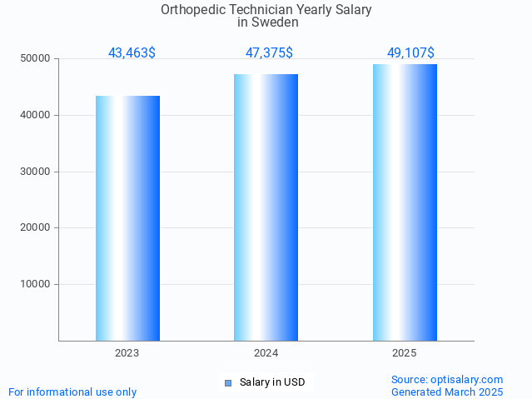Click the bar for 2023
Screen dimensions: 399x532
pyautogui.click(x=127, y=218)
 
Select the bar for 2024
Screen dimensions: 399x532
pyautogui.click(x=266, y=207)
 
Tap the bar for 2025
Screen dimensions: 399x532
pyautogui.click(x=405, y=202)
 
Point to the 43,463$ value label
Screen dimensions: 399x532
pyautogui.click(x=132, y=53)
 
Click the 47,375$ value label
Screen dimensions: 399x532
pyautogui.click(x=269, y=53)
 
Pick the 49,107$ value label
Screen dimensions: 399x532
pyautogui.click(x=410, y=53)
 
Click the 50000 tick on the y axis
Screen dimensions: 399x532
pyautogui.click(x=36, y=59)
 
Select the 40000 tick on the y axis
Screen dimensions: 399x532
pyautogui.click(x=36, y=115)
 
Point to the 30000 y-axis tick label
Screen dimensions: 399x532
pyautogui.click(x=36, y=172)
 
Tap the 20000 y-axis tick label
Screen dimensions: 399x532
pyautogui.click(x=36, y=227)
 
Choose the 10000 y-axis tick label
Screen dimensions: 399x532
pyautogui.click(x=36, y=284)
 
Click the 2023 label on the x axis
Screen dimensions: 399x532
pyautogui.click(x=127, y=353)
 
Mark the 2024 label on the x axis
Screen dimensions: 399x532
pyautogui.click(x=266, y=353)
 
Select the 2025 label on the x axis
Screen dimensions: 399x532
pyautogui.click(x=405, y=353)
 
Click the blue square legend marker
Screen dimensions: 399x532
pyautogui.click(x=227, y=383)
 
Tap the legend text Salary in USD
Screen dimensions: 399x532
pyautogui.click(x=272, y=383)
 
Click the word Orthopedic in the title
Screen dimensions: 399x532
pyautogui.click(x=192, y=10)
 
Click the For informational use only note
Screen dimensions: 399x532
pyautogui.click(x=72, y=392)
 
